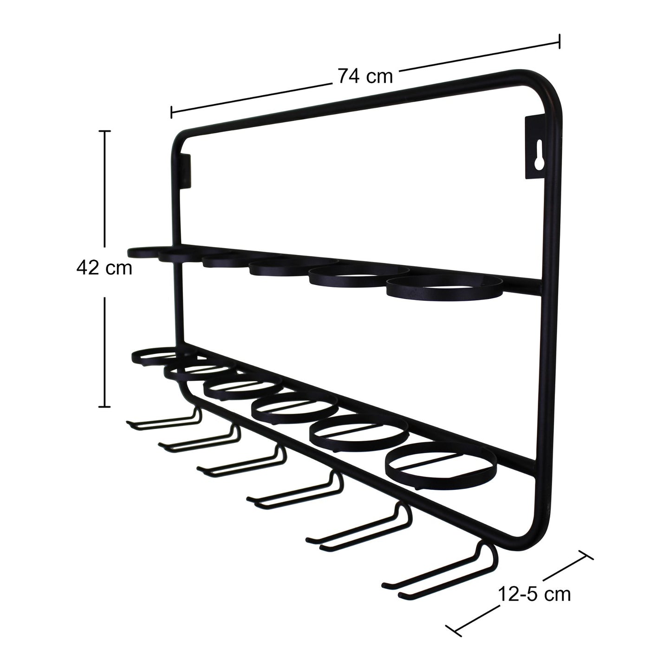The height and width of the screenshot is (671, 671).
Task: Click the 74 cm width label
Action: pos(365,76)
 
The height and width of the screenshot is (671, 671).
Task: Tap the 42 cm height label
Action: pos(104,268)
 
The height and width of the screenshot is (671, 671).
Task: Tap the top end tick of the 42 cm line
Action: pos(105,132)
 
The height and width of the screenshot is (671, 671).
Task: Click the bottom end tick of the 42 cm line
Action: pos(105,407)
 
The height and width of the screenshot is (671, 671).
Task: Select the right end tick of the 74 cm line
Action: pos(559,41)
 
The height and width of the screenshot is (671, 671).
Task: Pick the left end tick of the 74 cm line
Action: pos(172,112)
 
